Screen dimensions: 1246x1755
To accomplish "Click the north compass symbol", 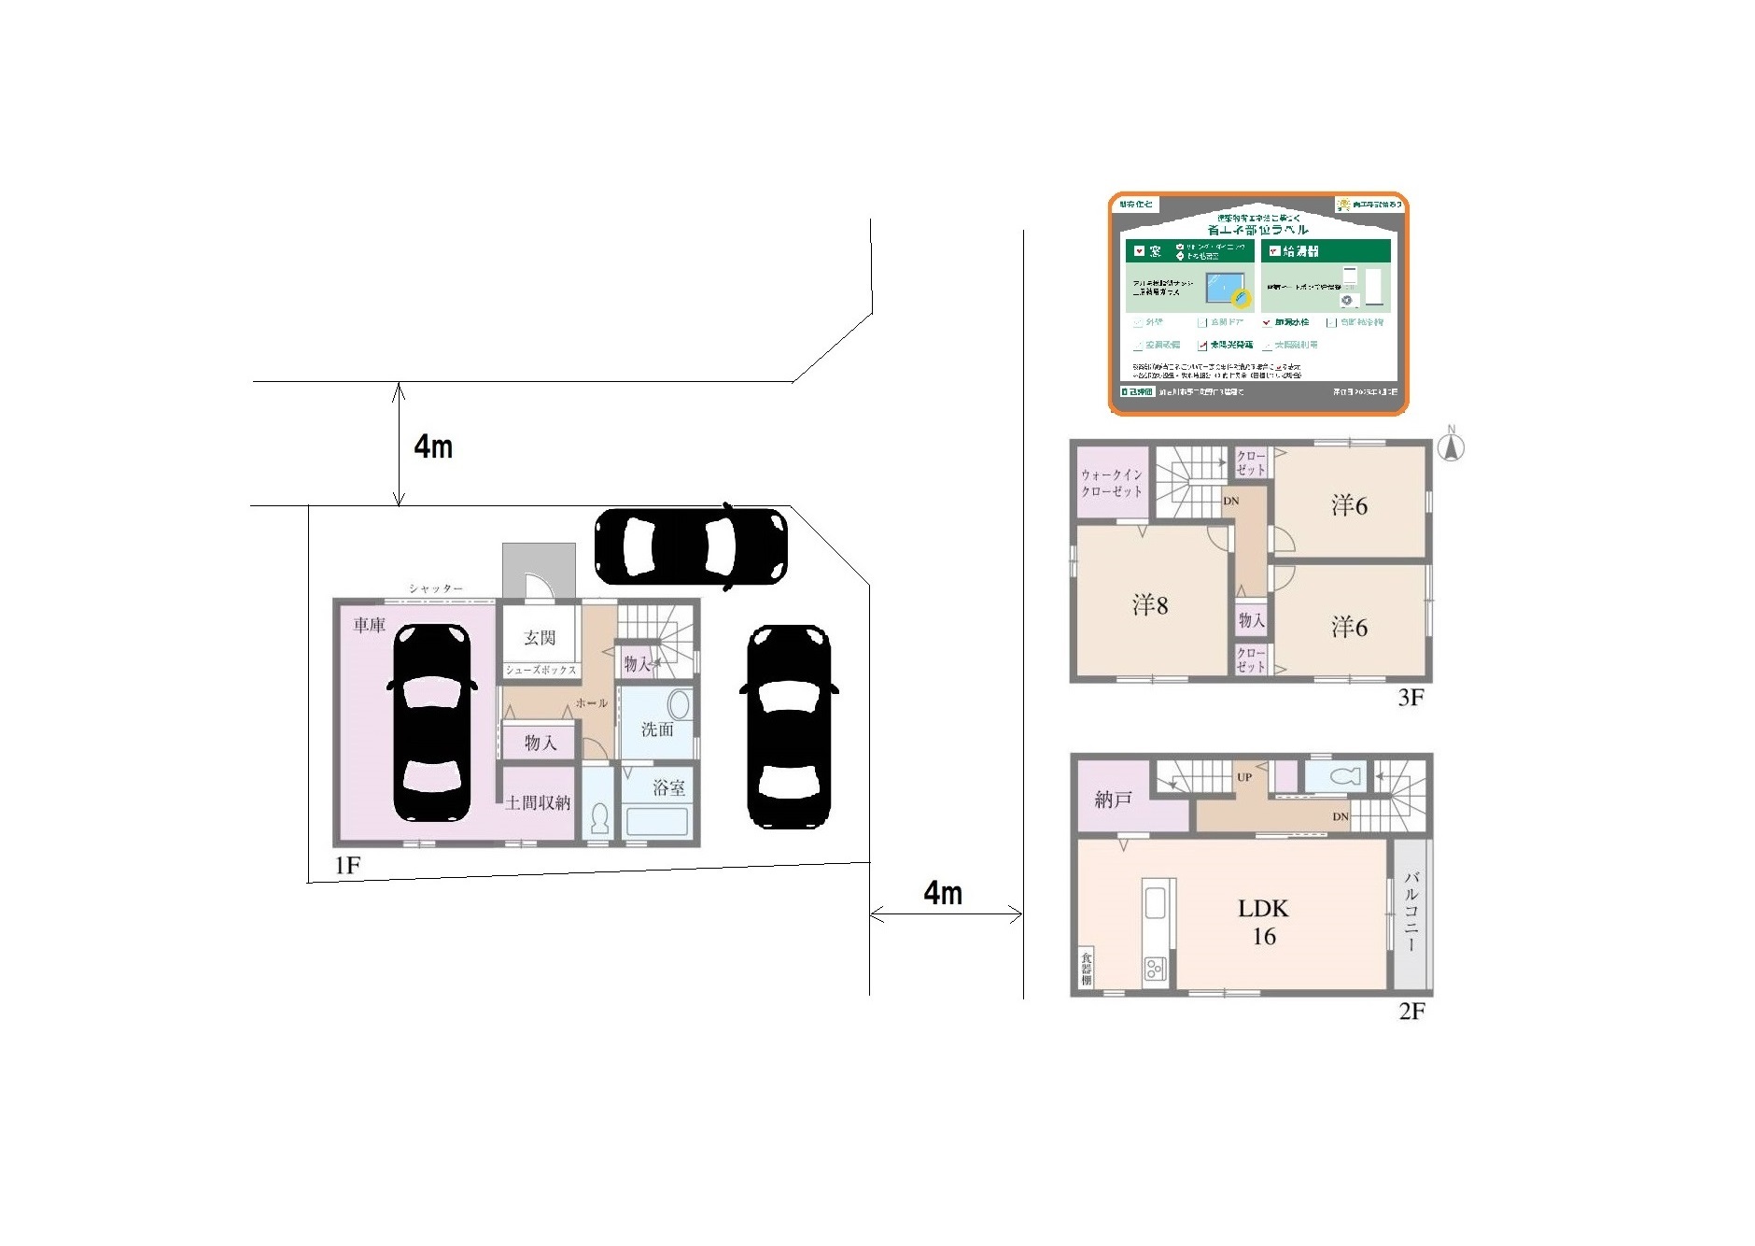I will point(1450,446).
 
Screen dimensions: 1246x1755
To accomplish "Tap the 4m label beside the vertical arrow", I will point(434,446).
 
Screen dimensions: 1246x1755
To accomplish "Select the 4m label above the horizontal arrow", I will point(943,893).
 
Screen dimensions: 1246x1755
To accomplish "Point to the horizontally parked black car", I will point(691,547).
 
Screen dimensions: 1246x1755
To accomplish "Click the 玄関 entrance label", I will point(540,637).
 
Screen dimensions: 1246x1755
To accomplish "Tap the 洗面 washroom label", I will point(657,729).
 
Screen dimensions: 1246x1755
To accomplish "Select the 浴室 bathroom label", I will point(668,787).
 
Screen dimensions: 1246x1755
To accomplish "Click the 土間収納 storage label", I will point(538,802).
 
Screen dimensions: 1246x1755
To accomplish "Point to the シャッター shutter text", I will point(436,588).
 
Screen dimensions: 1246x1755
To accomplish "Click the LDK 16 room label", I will point(1263,922).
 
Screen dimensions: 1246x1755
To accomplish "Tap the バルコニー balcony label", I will point(1411,912).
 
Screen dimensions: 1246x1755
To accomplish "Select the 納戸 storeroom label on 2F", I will point(1113,800).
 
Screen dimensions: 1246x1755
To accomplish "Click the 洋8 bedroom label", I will point(1150,605).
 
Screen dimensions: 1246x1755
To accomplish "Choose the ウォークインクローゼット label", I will point(1112,482).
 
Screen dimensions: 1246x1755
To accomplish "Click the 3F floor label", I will point(1411,697).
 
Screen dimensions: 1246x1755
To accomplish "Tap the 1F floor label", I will point(347,866).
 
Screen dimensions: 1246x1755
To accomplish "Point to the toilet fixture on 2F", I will point(1341,776).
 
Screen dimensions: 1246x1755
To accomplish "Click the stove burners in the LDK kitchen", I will point(1155,969).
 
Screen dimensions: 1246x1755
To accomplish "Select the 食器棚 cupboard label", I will point(1087,968).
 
